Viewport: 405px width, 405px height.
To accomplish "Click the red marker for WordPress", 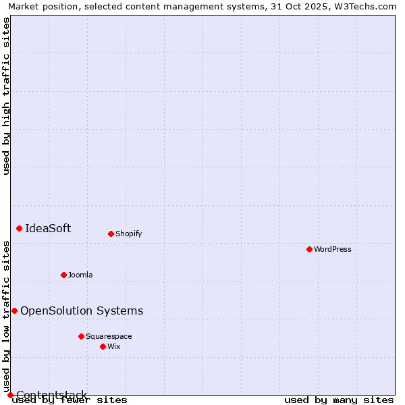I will tap(309, 249).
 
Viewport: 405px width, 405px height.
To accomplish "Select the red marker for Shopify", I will tap(111, 234).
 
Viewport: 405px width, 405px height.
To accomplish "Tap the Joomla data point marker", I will tap(63, 275).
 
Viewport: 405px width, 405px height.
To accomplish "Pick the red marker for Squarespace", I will tap(81, 336).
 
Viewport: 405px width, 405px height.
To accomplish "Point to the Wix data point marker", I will tap(103, 346).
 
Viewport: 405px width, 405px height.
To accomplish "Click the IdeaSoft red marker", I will tap(19, 228).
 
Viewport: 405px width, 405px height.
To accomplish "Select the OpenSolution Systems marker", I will tap(14, 310).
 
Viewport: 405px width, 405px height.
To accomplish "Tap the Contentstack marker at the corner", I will tap(10, 395).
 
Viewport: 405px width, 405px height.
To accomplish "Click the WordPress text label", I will tap(333, 249).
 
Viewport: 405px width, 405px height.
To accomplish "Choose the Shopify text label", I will tap(128, 234).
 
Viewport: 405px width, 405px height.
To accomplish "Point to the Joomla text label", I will tap(80, 275).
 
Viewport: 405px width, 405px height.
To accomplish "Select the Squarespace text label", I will tap(109, 336).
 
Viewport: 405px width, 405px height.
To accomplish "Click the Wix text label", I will tap(114, 346).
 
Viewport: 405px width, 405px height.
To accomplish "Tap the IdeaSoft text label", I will tap(48, 228).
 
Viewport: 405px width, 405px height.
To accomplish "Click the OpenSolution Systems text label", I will tap(82, 310).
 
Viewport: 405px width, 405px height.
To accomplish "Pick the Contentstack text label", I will tap(52, 395).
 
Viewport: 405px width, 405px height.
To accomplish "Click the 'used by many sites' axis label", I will tap(339, 400).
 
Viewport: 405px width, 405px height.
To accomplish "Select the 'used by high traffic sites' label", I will tap(6, 96).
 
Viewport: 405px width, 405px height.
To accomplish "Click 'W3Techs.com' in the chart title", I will tap(363, 7).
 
